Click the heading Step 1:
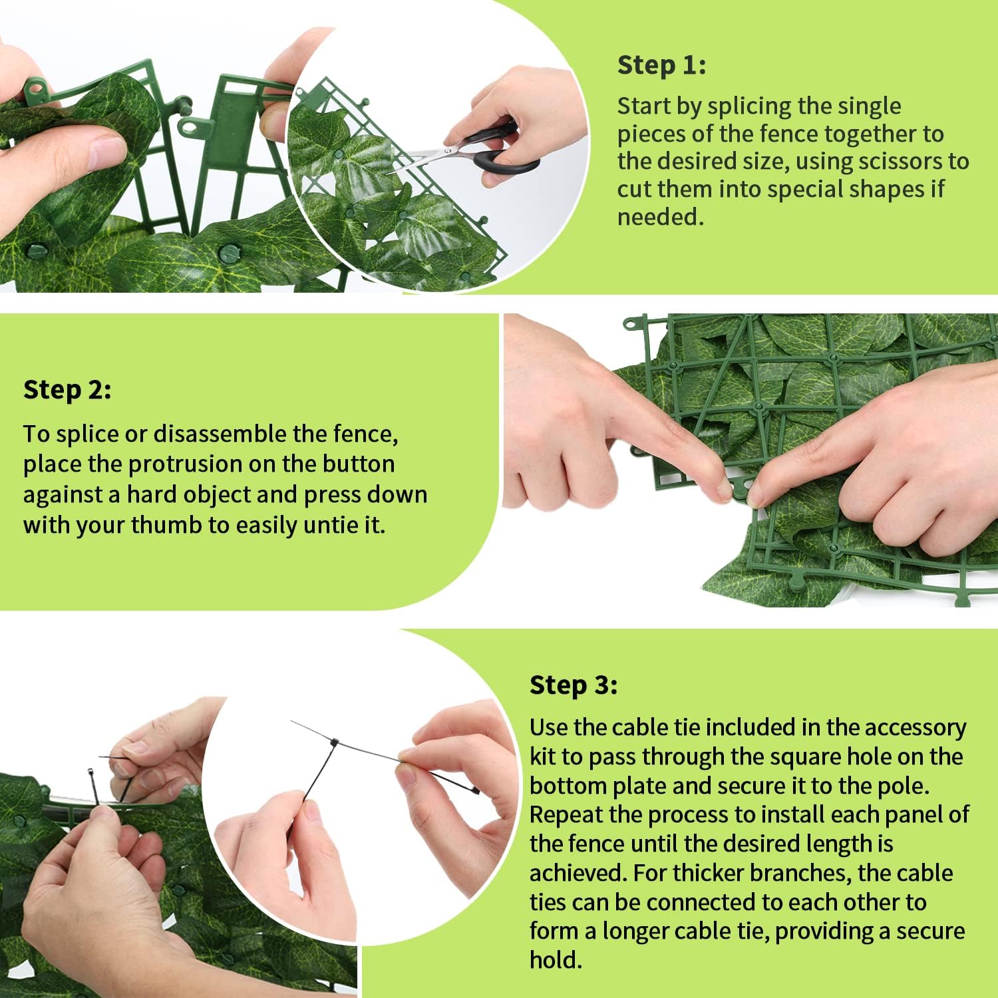(x=661, y=65)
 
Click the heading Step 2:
(x=67, y=390)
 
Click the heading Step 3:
(x=574, y=685)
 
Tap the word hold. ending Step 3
(x=556, y=960)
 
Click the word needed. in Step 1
(x=660, y=218)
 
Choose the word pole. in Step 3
(x=904, y=786)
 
